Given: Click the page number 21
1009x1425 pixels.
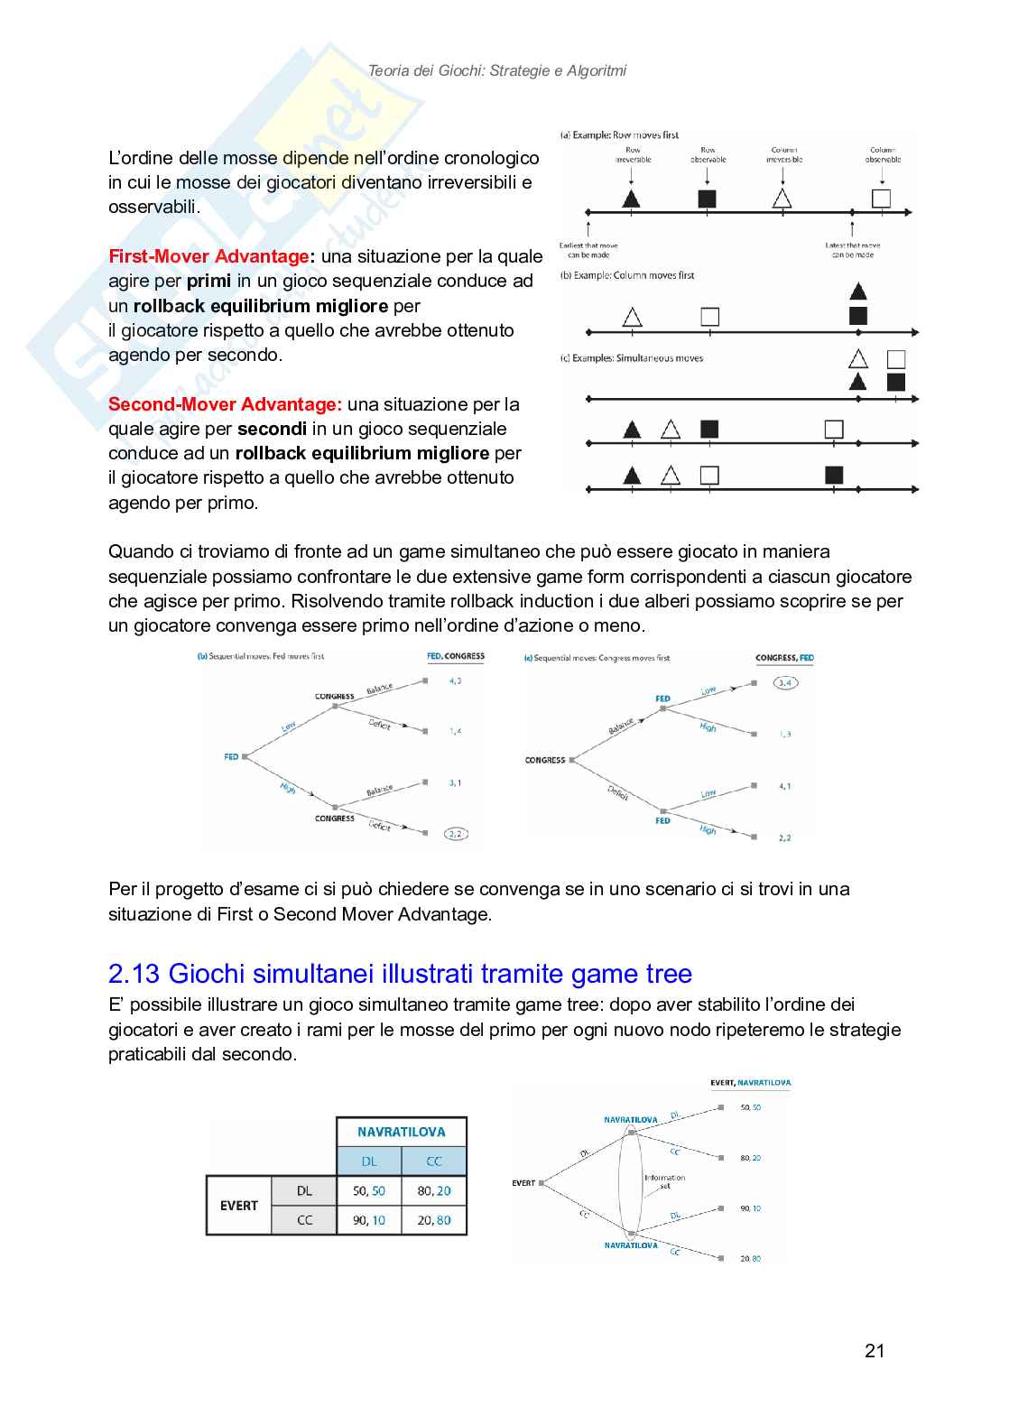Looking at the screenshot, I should [x=874, y=1350].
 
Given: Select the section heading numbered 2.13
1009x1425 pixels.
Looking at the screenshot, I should [x=400, y=974].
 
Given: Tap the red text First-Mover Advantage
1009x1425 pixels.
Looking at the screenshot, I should [x=208, y=256].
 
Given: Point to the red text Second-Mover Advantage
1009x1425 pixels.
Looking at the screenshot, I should [x=224, y=404].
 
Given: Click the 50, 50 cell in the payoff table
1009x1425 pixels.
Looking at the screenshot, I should [x=368, y=1190].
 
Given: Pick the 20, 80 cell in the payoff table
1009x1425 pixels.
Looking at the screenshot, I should [x=434, y=1220].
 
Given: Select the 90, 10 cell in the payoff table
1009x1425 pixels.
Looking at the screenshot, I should [x=368, y=1220].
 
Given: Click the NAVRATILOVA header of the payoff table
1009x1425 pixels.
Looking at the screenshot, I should [x=402, y=1132].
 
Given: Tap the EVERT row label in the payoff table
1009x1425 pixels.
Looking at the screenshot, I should [x=239, y=1206].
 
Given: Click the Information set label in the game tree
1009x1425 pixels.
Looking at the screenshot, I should [x=664, y=1181].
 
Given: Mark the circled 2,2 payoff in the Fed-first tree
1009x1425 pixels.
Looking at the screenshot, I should [x=456, y=834].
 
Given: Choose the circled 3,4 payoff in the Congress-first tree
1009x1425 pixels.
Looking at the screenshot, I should [x=785, y=683].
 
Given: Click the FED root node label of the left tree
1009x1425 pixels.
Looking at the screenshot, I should [x=231, y=756].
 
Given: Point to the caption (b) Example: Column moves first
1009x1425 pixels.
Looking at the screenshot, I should [x=628, y=275].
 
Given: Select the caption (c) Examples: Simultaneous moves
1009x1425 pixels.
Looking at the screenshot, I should [x=632, y=358].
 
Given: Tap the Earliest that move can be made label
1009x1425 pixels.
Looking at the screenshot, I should [x=588, y=250].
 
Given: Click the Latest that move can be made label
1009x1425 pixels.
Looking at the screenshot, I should [x=852, y=250].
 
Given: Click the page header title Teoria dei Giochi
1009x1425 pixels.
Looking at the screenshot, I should [x=496, y=70].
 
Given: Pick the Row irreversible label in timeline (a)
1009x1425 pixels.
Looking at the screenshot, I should [x=633, y=155].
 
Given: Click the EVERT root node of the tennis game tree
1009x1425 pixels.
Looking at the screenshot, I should [x=523, y=1182].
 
